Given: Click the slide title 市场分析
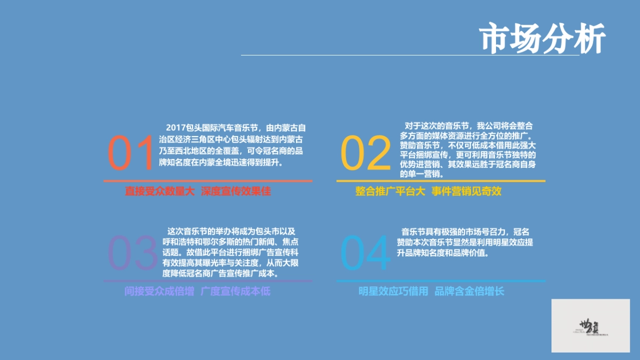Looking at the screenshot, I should click(x=543, y=38).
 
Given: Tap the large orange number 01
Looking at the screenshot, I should click(x=131, y=153).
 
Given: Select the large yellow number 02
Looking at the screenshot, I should click(x=366, y=153).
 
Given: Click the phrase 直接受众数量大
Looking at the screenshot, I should click(x=159, y=191).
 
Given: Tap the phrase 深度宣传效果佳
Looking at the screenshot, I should click(x=236, y=191).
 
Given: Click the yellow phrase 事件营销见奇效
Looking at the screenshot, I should click(x=467, y=191).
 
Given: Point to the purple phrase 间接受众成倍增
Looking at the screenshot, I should click(x=159, y=291).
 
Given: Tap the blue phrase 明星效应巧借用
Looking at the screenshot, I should click(x=393, y=291).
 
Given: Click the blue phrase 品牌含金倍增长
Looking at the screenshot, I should click(x=469, y=291).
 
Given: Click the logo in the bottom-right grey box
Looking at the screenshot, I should click(x=590, y=326).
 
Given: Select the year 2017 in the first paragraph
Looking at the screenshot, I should click(x=175, y=128).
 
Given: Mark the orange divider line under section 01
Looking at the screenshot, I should click(x=208, y=181).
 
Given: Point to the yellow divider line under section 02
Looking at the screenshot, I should click(x=441, y=181).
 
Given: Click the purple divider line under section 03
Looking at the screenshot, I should click(x=208, y=281).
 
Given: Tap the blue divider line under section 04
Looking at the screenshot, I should click(x=441, y=281).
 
